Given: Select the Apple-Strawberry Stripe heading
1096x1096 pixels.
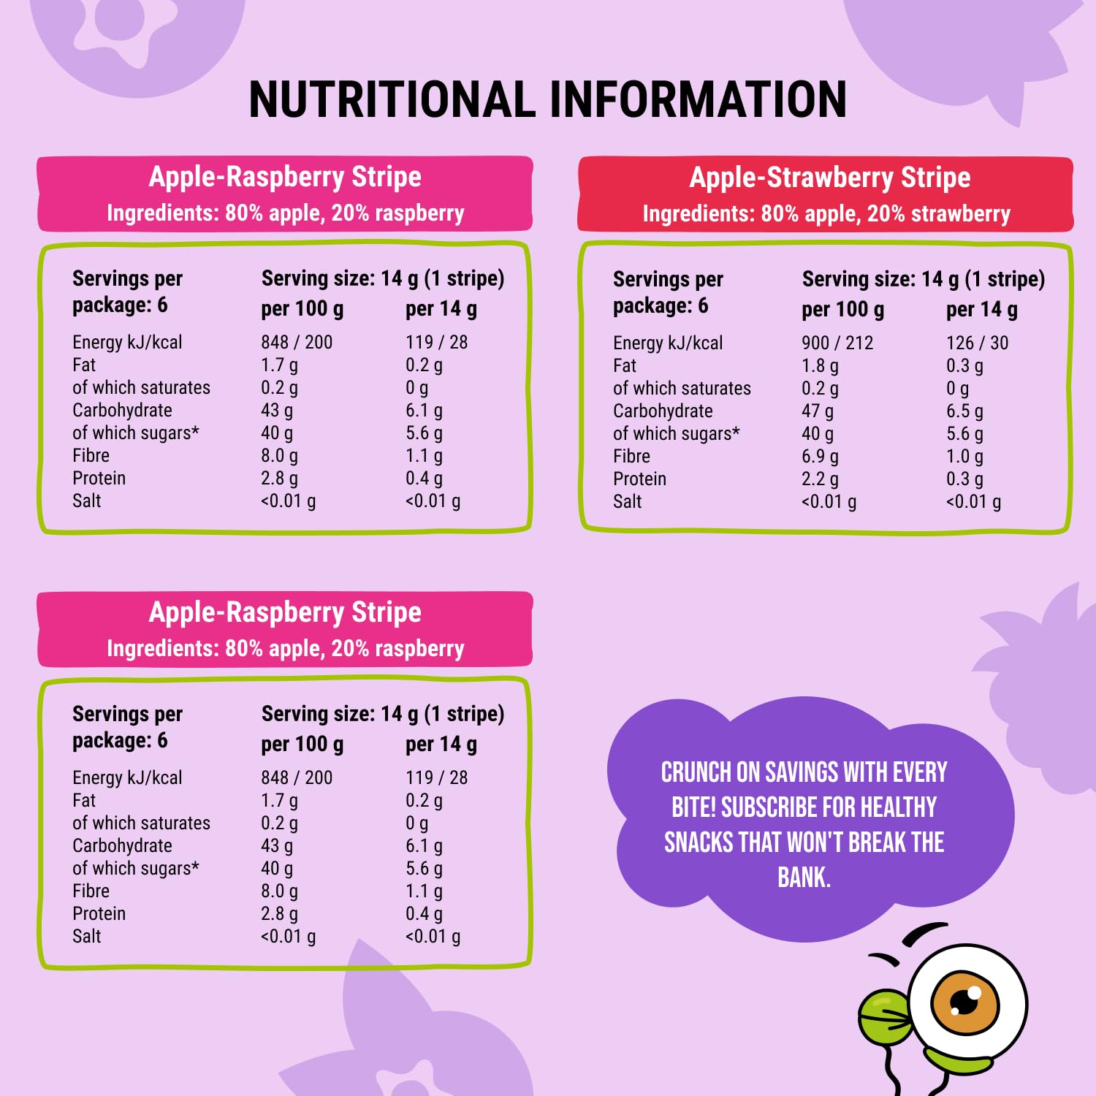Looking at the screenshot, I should tap(829, 178).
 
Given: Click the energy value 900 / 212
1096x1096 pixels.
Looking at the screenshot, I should tap(837, 343).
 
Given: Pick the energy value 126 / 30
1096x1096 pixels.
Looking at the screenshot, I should tap(977, 343).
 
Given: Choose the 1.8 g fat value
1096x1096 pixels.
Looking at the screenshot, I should tap(820, 365).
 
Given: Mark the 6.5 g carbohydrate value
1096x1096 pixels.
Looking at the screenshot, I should tap(964, 411).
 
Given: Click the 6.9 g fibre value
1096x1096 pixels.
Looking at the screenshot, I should tap(820, 457).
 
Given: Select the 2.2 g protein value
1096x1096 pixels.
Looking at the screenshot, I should tap(820, 479).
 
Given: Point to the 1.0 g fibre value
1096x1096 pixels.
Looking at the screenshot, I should tap(964, 457).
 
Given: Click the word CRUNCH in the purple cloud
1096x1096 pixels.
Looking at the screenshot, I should tap(696, 772).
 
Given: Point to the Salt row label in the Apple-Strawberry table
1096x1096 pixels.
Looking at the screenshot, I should tap(627, 502).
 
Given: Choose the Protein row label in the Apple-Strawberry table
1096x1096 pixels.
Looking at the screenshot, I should tap(639, 479).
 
